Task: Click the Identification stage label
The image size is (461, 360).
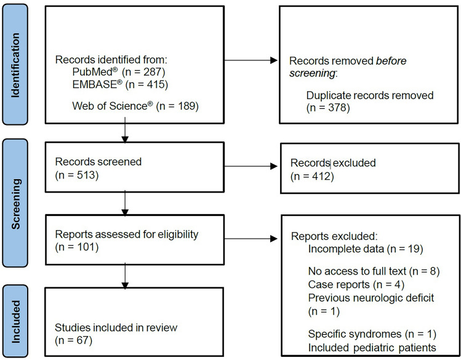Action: pos(15,65)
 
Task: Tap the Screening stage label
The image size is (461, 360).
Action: pos(15,204)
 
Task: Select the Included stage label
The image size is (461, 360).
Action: pos(15,321)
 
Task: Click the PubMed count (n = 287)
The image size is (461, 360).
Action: pos(143,72)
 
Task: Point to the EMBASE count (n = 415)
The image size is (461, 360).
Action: pos(146,85)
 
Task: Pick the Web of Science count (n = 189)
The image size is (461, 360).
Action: pos(178,106)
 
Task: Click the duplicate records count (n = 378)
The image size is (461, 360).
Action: pos(328,108)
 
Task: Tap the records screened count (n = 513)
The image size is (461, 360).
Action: pos(77,175)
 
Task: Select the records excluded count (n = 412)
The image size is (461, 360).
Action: pos(312,177)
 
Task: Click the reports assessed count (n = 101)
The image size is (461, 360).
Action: pos(77,247)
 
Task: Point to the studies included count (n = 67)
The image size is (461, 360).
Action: pos(73,340)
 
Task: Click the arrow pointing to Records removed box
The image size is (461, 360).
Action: pos(251,60)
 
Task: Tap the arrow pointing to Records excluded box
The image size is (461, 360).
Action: pos(251,166)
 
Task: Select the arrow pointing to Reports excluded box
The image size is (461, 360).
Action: pos(251,239)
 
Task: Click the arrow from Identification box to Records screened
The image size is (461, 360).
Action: pos(125,130)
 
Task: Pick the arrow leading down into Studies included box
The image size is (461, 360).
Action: pos(125,276)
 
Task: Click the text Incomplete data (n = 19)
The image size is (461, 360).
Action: pos(366,249)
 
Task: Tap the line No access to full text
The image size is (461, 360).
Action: pos(358,271)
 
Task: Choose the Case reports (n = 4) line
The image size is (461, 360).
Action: pos(356,284)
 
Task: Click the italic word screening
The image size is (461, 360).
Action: pos(312,73)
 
